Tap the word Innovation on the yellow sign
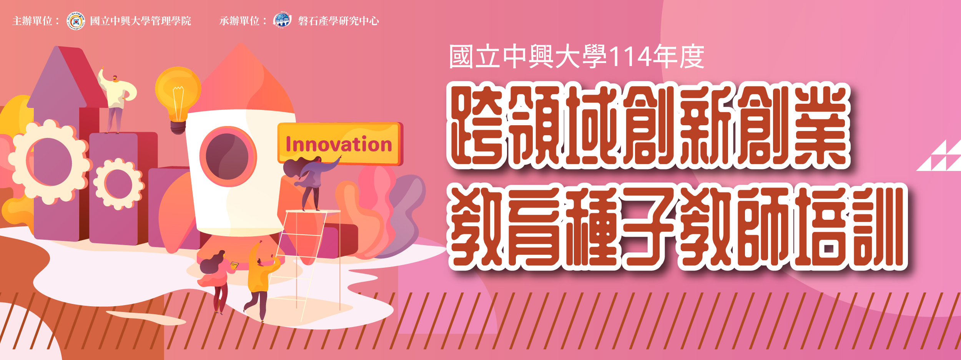[x=339, y=144]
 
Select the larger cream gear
[x=48, y=162]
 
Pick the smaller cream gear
[x=119, y=184]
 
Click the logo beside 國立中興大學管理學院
[x=76, y=21]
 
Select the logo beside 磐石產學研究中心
[x=283, y=20]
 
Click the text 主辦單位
[x=32, y=21]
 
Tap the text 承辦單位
[x=239, y=21]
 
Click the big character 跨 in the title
[x=477, y=126]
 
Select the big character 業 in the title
[x=820, y=126]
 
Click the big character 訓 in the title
[x=877, y=227]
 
